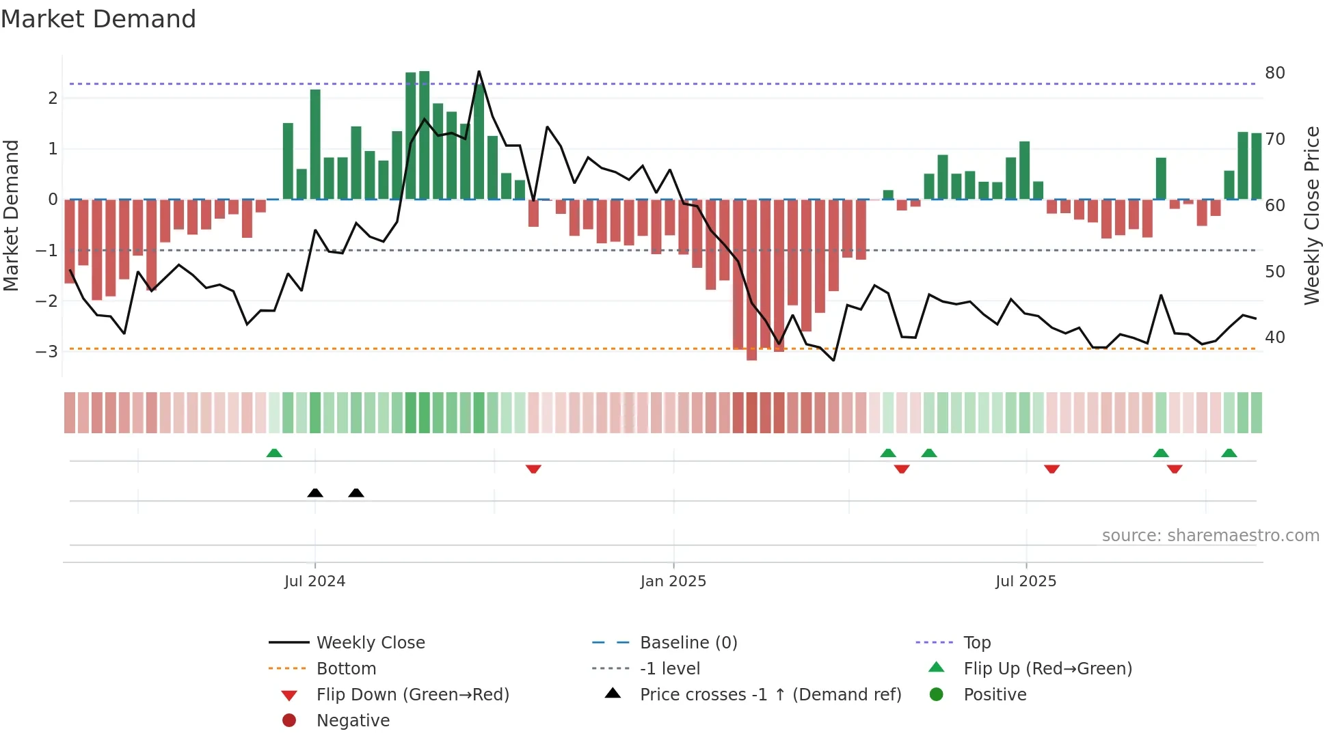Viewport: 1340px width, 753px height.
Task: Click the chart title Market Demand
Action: coord(98,19)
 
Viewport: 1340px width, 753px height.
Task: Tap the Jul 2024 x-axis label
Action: coord(314,581)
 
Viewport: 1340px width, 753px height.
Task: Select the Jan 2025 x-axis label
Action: coord(673,581)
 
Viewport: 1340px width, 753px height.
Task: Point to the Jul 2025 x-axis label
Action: coord(1026,581)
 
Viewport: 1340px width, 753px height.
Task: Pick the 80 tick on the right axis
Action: coord(1274,73)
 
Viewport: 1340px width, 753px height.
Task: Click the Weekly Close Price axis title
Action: coord(1311,215)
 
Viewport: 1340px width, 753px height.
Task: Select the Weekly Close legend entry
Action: coord(370,643)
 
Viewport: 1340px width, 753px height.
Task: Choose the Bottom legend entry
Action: coord(346,669)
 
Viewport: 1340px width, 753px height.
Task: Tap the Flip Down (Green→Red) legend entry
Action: coord(412,695)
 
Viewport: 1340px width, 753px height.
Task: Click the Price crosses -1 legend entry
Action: coord(770,695)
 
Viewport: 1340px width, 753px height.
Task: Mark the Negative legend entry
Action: coord(353,721)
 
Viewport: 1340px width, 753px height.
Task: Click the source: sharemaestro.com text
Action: coord(1210,536)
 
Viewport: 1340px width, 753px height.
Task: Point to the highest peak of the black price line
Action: coord(479,71)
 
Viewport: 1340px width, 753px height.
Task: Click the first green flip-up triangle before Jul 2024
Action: coord(274,453)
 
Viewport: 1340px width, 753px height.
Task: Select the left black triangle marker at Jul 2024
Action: coord(315,493)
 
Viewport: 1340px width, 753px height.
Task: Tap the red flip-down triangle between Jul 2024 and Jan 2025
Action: coord(533,469)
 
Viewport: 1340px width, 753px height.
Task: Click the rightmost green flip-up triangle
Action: coord(1229,453)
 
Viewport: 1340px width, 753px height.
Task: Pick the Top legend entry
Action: coord(976,643)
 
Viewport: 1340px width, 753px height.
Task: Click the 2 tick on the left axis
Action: coord(53,98)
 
